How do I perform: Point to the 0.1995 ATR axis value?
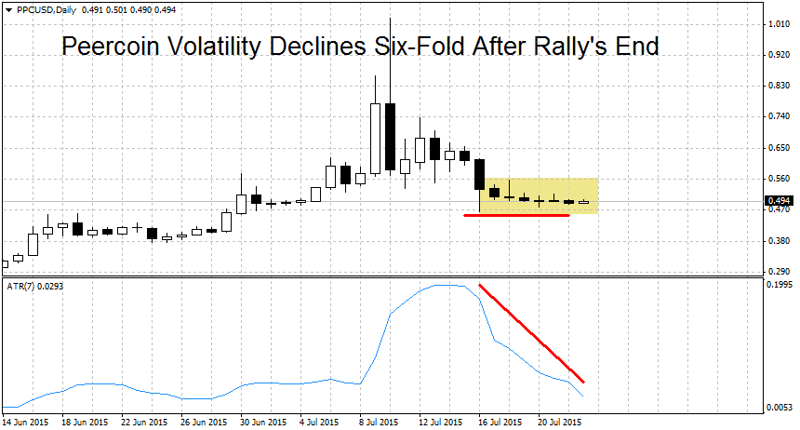pos(778,287)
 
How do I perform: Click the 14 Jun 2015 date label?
pos(25,422)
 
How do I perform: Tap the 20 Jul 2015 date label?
pos(561,422)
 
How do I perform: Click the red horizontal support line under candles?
pos(516,216)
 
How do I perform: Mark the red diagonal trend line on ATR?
pos(531,332)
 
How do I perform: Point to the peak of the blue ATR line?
pos(448,285)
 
